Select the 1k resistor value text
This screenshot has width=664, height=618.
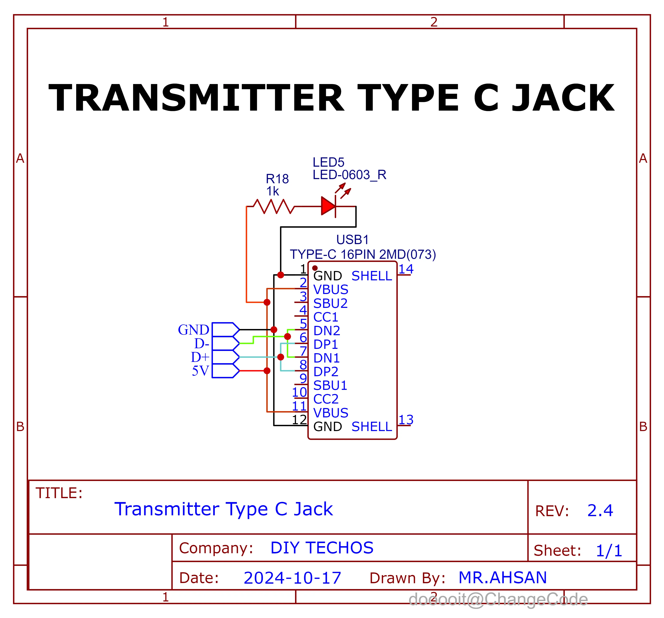pos(272,192)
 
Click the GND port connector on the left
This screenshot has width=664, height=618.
pos(225,330)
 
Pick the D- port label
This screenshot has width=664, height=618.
pos(202,343)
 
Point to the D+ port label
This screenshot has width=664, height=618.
pos(200,357)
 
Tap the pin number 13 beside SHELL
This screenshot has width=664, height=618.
pos(406,420)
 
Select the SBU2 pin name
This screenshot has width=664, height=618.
pos(330,303)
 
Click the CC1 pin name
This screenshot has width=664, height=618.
pos(326,317)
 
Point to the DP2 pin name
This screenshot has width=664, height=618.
pos(326,371)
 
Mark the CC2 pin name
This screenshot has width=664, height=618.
pos(326,399)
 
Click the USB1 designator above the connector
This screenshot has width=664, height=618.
pos(352,240)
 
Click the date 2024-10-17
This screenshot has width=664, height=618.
pos(292,578)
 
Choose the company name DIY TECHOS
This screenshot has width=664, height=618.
pos(322,548)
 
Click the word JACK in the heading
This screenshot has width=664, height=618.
pos(563,98)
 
